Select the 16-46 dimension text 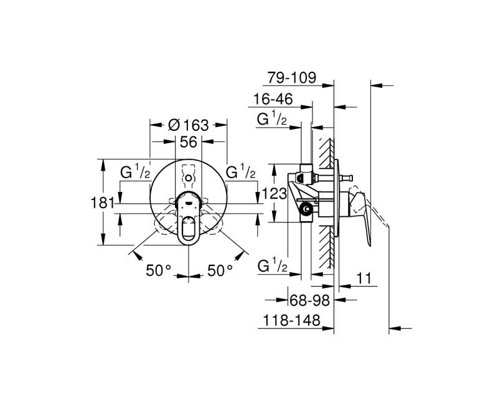(x=273, y=99)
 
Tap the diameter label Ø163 (x=188, y=124)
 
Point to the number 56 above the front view (x=188, y=142)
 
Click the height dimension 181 (x=106, y=202)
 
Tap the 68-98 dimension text (x=309, y=300)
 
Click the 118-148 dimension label (x=290, y=320)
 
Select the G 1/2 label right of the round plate (x=242, y=173)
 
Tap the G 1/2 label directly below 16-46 (x=271, y=119)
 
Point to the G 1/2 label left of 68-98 (x=272, y=267)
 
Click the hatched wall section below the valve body (x=324, y=249)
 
